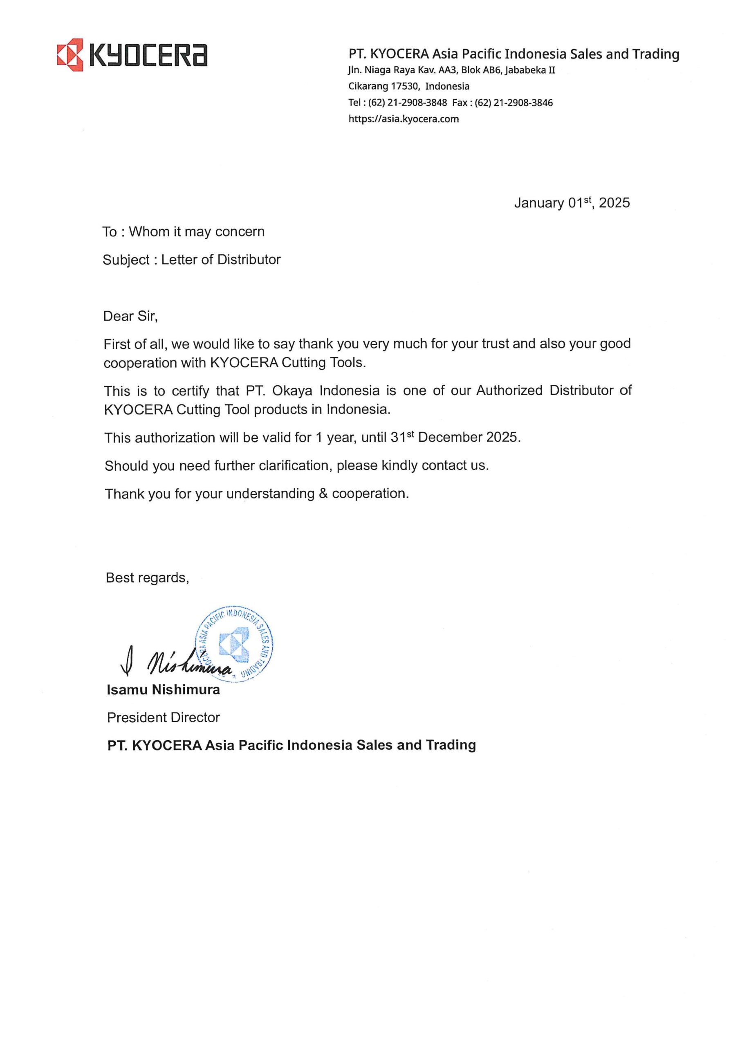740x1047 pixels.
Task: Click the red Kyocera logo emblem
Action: pos(70,55)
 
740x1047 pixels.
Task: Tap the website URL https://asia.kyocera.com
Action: pos(404,119)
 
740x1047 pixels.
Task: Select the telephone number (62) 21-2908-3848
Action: pos(407,103)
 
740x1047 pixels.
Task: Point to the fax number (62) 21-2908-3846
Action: pos(514,103)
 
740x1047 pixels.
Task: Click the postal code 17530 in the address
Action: pos(404,86)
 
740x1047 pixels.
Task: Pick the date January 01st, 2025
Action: pos(572,203)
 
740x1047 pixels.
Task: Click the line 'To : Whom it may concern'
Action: pos(183,231)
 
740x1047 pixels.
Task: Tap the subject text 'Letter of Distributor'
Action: pos(221,260)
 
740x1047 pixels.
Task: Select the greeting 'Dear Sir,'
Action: pos(130,317)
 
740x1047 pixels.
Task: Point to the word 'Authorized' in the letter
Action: pos(509,391)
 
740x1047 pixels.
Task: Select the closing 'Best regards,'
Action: pos(147,578)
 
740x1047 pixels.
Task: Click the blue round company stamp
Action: pos(234,644)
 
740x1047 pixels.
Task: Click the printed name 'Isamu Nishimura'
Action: pos(163,690)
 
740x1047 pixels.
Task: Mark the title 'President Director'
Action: pos(163,717)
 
